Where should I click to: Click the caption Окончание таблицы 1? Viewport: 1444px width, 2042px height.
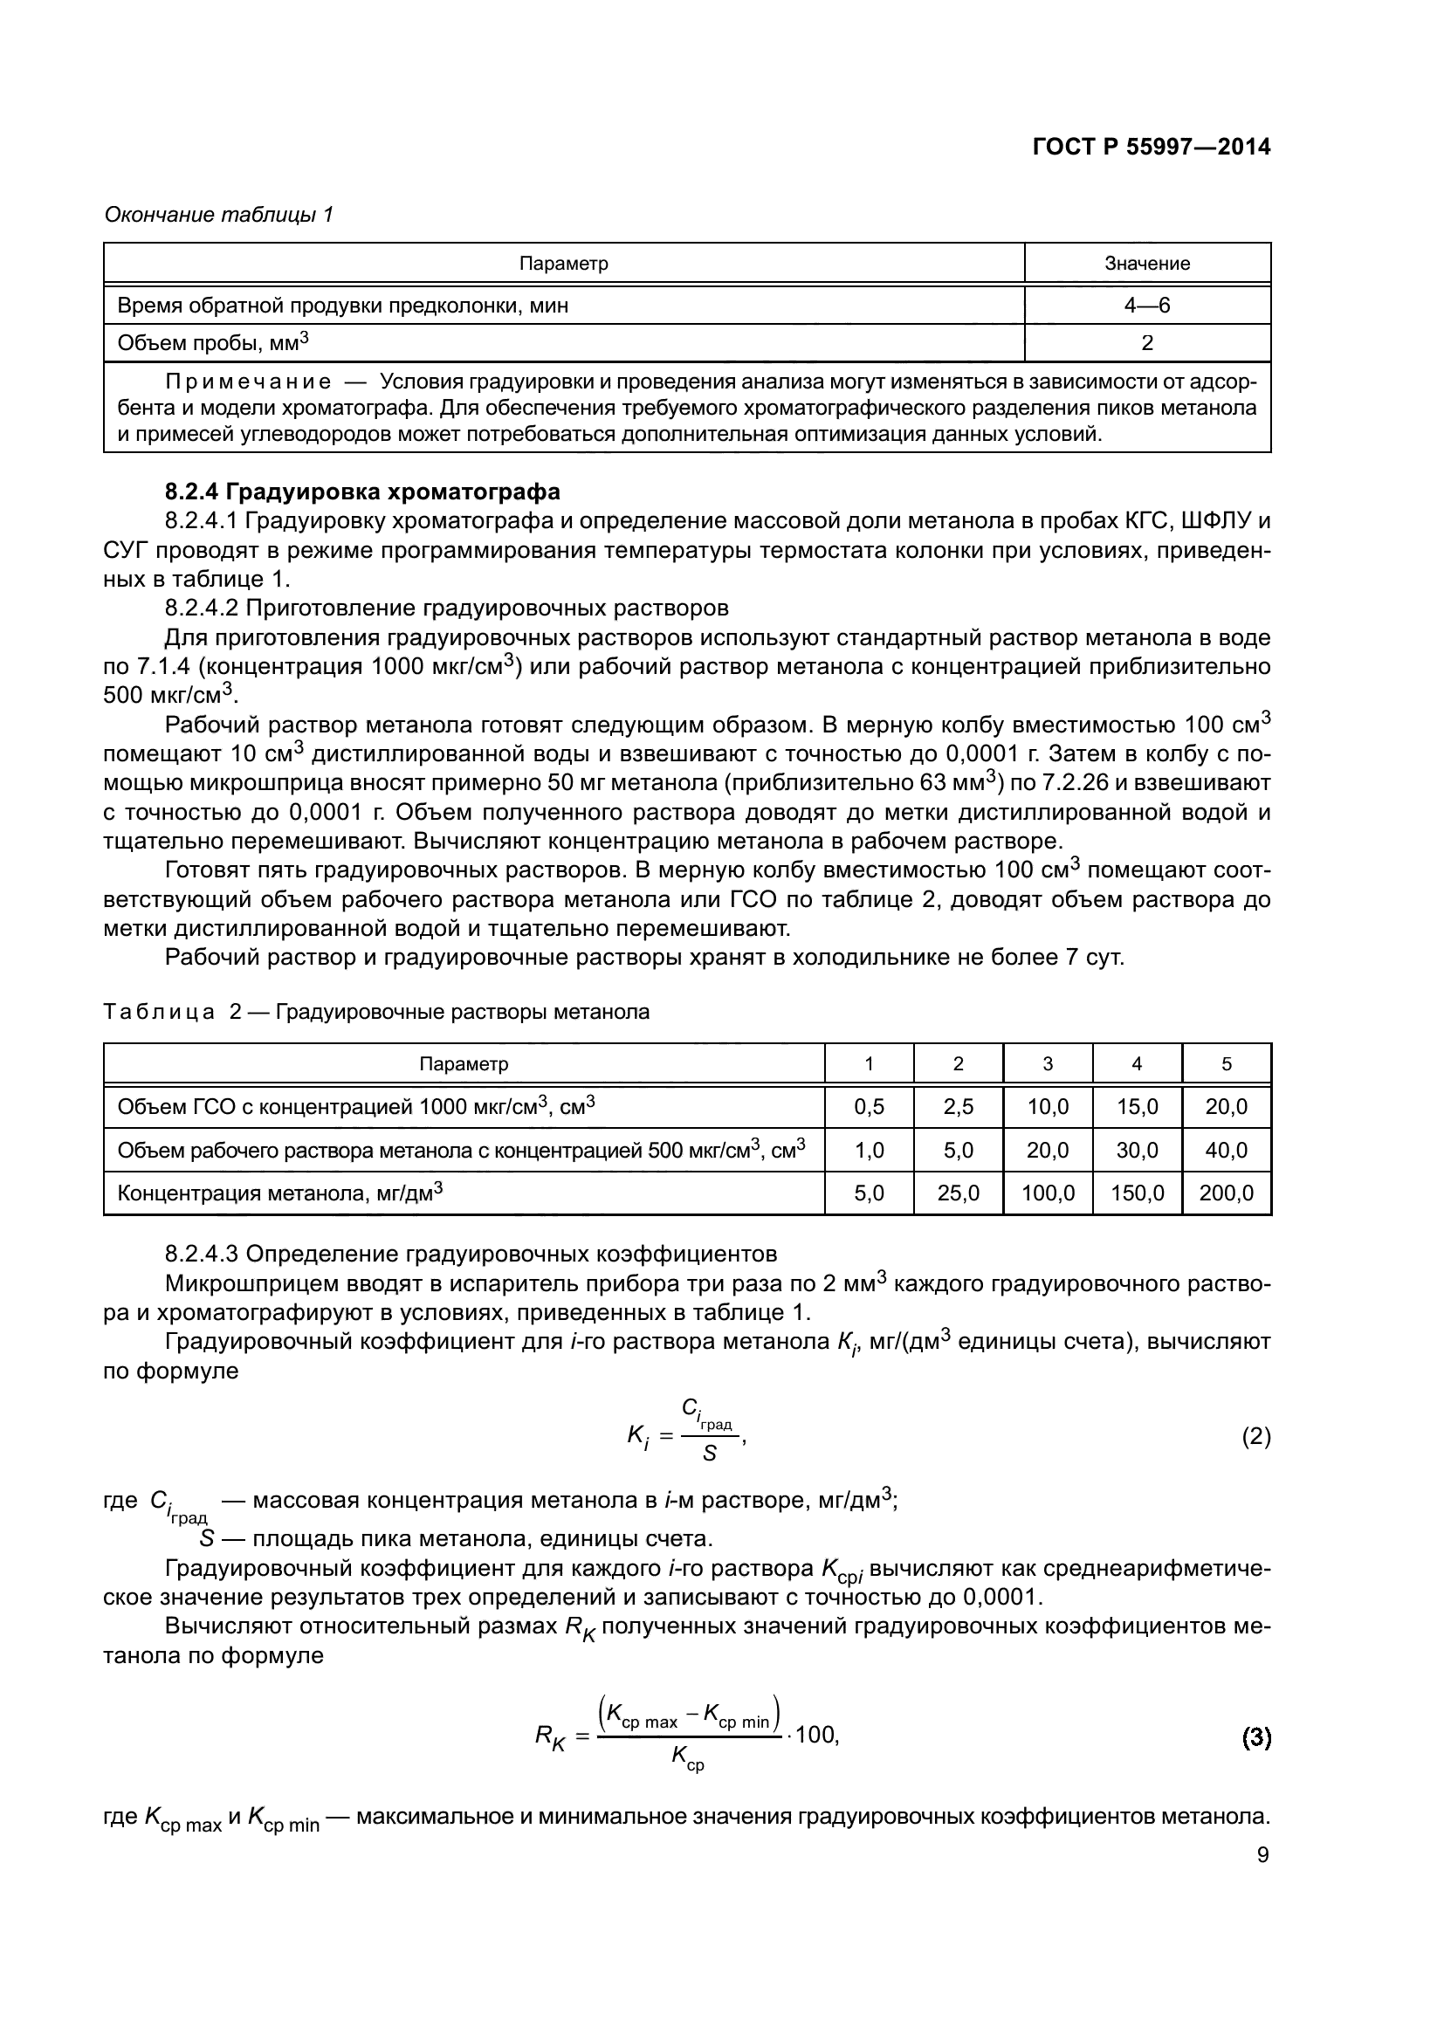pos(218,215)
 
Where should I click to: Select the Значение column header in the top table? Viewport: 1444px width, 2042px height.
pos(1146,264)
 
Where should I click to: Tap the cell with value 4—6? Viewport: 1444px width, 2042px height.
pos(1146,305)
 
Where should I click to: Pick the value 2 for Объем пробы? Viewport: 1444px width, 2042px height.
pos(1146,343)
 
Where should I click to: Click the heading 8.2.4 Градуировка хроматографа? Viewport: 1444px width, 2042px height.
pos(363,492)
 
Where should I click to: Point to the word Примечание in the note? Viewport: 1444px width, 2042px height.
pos(248,382)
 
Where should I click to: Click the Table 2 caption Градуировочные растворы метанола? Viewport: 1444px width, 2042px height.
pos(463,1012)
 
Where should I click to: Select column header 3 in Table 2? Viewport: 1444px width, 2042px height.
pos(1048,1063)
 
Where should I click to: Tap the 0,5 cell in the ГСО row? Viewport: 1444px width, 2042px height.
pos(869,1107)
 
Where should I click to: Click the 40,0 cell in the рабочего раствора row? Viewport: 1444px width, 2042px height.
pos(1225,1150)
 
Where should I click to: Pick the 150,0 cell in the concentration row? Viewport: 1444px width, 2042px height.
pos(1137,1193)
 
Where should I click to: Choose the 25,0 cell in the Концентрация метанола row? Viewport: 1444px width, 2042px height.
pos(958,1193)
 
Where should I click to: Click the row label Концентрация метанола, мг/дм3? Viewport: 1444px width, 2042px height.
pos(280,1193)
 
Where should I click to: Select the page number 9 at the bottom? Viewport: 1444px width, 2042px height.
pos(1262,1855)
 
